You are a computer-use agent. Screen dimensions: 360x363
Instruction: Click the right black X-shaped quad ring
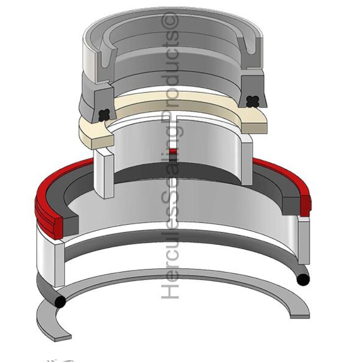252,101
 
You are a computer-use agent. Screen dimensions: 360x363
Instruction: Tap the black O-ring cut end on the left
60,301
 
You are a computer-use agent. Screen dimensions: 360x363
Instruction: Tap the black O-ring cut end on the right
303,279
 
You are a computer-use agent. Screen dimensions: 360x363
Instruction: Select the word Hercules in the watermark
170,254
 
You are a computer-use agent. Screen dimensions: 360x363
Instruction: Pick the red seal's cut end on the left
58,228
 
